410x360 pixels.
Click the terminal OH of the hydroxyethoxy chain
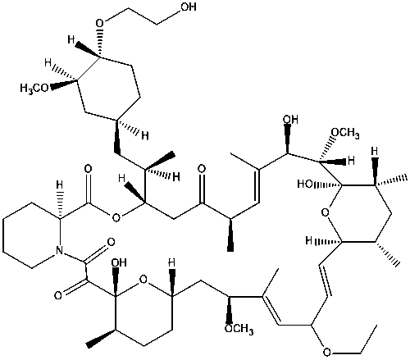pyautogui.click(x=189, y=7)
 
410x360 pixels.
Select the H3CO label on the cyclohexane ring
pyautogui.click(x=34, y=88)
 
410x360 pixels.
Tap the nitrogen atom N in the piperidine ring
pyautogui.click(x=59, y=250)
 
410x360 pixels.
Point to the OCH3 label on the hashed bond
pyautogui.click(x=345, y=134)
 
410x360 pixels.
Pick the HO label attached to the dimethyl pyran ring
pyautogui.click(x=306, y=184)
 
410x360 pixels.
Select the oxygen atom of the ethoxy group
pyautogui.click(x=326, y=352)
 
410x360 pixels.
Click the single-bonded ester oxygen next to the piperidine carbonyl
pyautogui.click(x=116, y=218)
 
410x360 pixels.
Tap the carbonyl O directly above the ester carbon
pyautogui.click(x=88, y=169)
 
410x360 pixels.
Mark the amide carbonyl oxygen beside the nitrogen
pyautogui.click(x=111, y=242)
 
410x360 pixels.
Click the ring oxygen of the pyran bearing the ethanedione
pyautogui.click(x=143, y=279)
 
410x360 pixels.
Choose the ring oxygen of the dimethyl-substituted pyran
pyautogui.click(x=325, y=212)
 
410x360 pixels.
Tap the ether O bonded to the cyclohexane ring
pyautogui.click(x=100, y=23)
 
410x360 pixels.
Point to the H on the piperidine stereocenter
pyautogui.click(x=60, y=185)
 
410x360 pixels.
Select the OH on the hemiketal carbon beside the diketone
pyautogui.click(x=119, y=262)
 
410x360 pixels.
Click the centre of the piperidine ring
pyautogui.click(x=32, y=235)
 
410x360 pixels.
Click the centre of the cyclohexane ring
pyautogui.click(x=108, y=88)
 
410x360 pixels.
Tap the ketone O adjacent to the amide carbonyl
pyautogui.click(x=58, y=295)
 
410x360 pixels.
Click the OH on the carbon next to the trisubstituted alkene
pyautogui.click(x=290, y=120)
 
